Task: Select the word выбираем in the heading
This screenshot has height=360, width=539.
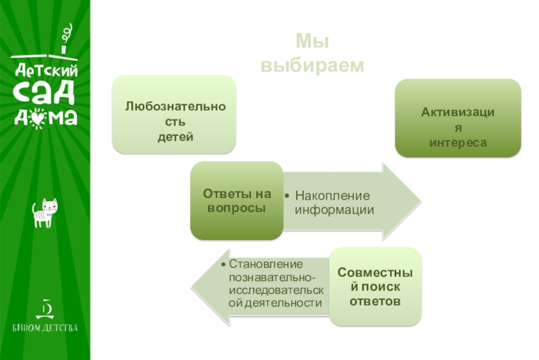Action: click(312, 65)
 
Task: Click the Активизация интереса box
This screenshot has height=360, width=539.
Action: click(457, 118)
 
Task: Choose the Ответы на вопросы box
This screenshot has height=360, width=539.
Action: click(236, 201)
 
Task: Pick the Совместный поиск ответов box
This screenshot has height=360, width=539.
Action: click(375, 287)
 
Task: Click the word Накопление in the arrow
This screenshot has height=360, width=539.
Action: click(333, 196)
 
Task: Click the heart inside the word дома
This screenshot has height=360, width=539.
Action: click(40, 117)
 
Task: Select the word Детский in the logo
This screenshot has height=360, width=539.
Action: click(46, 69)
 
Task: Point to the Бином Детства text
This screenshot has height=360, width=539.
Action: click(45, 328)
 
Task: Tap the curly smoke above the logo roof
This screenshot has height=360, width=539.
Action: click(66, 32)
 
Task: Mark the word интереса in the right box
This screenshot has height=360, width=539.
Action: click(457, 144)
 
